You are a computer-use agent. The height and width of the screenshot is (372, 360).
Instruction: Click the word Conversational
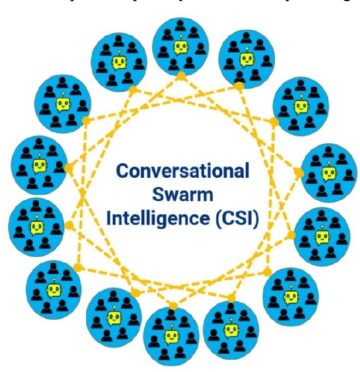click(182, 173)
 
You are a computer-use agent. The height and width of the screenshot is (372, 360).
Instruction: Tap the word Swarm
click(182, 195)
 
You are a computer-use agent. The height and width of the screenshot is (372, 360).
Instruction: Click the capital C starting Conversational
click(123, 173)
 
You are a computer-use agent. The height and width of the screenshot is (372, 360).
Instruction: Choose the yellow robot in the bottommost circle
click(171, 336)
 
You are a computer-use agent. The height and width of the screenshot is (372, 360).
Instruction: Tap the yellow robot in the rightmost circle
click(328, 173)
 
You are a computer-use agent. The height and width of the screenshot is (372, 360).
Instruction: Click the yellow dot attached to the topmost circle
click(182, 76)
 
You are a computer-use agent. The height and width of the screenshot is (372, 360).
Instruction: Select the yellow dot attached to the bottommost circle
click(172, 306)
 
